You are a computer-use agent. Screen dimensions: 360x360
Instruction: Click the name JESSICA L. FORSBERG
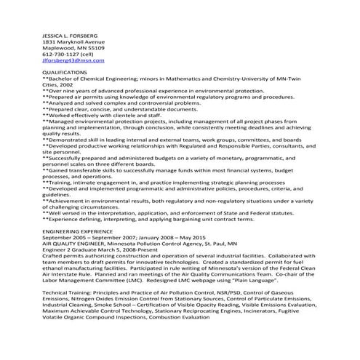coord(71,36)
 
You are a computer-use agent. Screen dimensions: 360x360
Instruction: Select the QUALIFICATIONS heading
coord(64,73)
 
